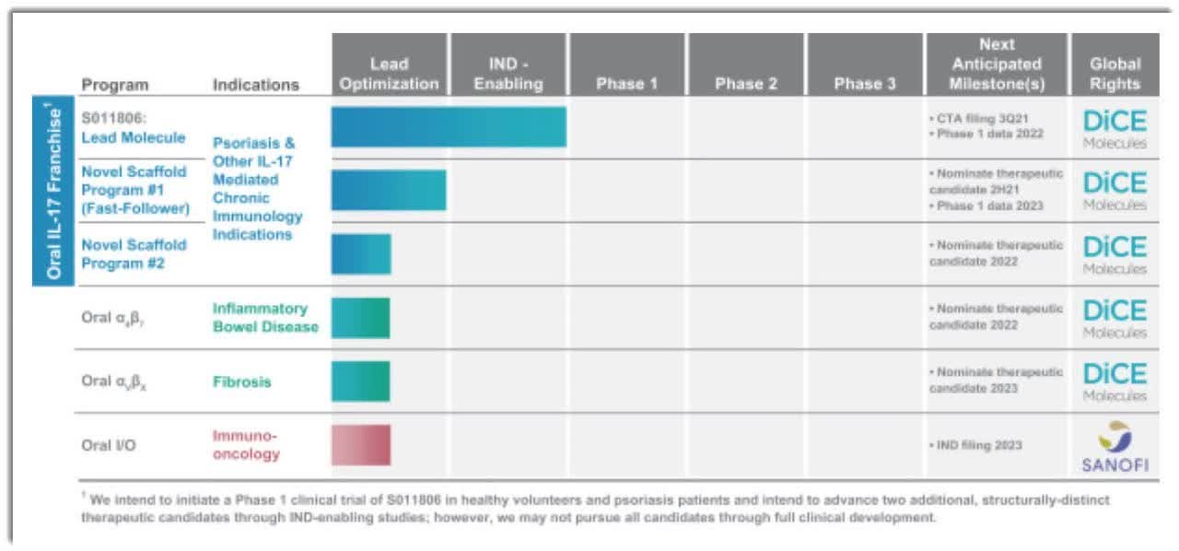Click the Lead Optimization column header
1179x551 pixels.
click(x=389, y=64)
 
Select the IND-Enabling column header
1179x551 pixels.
click(x=508, y=64)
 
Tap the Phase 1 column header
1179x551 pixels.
click(x=626, y=83)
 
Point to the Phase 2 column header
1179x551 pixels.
click(x=745, y=83)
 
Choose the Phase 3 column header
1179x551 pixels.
click(x=864, y=83)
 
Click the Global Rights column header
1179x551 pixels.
click(x=1115, y=64)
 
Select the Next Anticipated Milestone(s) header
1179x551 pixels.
click(x=997, y=64)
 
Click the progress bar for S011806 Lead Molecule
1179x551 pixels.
click(x=449, y=126)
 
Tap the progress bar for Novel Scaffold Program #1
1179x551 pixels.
click(x=389, y=190)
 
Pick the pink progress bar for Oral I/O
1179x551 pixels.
click(x=360, y=444)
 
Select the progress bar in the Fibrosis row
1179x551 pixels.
click(x=360, y=381)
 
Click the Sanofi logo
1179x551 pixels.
click(x=1115, y=446)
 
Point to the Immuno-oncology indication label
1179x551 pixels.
click(x=246, y=444)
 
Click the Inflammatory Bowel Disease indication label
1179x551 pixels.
click(x=265, y=317)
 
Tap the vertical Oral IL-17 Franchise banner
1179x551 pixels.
click(x=54, y=192)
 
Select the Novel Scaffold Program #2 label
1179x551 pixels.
click(x=134, y=253)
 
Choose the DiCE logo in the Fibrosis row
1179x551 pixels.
click(x=1115, y=381)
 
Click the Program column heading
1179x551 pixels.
click(x=114, y=85)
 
